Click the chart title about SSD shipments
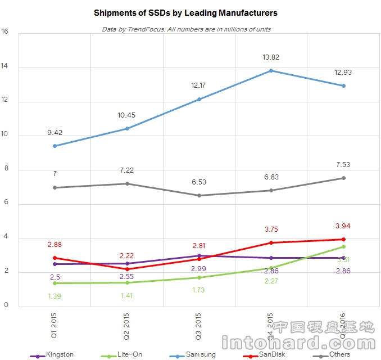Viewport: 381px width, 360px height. click(186, 12)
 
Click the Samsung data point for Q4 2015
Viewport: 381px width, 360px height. click(271, 70)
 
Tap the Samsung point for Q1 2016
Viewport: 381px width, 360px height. click(343, 85)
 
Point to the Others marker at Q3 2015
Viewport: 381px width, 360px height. click(199, 195)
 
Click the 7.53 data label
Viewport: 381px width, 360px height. click(343, 165)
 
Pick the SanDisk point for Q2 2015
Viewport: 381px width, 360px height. click(126, 269)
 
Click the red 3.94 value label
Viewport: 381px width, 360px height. click(343, 226)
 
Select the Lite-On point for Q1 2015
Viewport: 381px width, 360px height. click(55, 283)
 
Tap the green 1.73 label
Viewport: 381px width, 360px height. click(199, 290)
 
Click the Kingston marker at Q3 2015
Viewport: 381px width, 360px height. click(199, 255)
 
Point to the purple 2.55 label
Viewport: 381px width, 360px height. click(126, 276)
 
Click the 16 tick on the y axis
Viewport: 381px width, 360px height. click(6, 32)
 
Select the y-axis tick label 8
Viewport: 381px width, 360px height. click(6, 170)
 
